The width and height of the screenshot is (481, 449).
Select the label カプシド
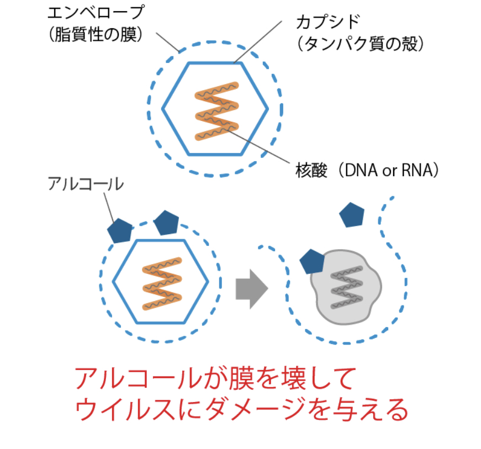[x=328, y=23]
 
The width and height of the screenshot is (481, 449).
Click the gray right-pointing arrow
[x=251, y=288]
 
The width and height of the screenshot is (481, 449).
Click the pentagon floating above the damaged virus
[x=351, y=214]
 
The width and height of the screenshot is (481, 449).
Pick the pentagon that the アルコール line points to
[x=120, y=230]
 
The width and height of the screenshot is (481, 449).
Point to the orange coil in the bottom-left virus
[x=161, y=283]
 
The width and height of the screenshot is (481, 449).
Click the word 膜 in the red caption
[x=237, y=379]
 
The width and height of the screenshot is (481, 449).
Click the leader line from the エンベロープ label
[x=167, y=42]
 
